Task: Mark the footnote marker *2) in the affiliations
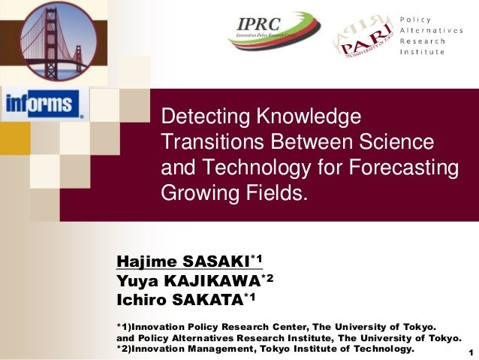coord(125,350)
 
